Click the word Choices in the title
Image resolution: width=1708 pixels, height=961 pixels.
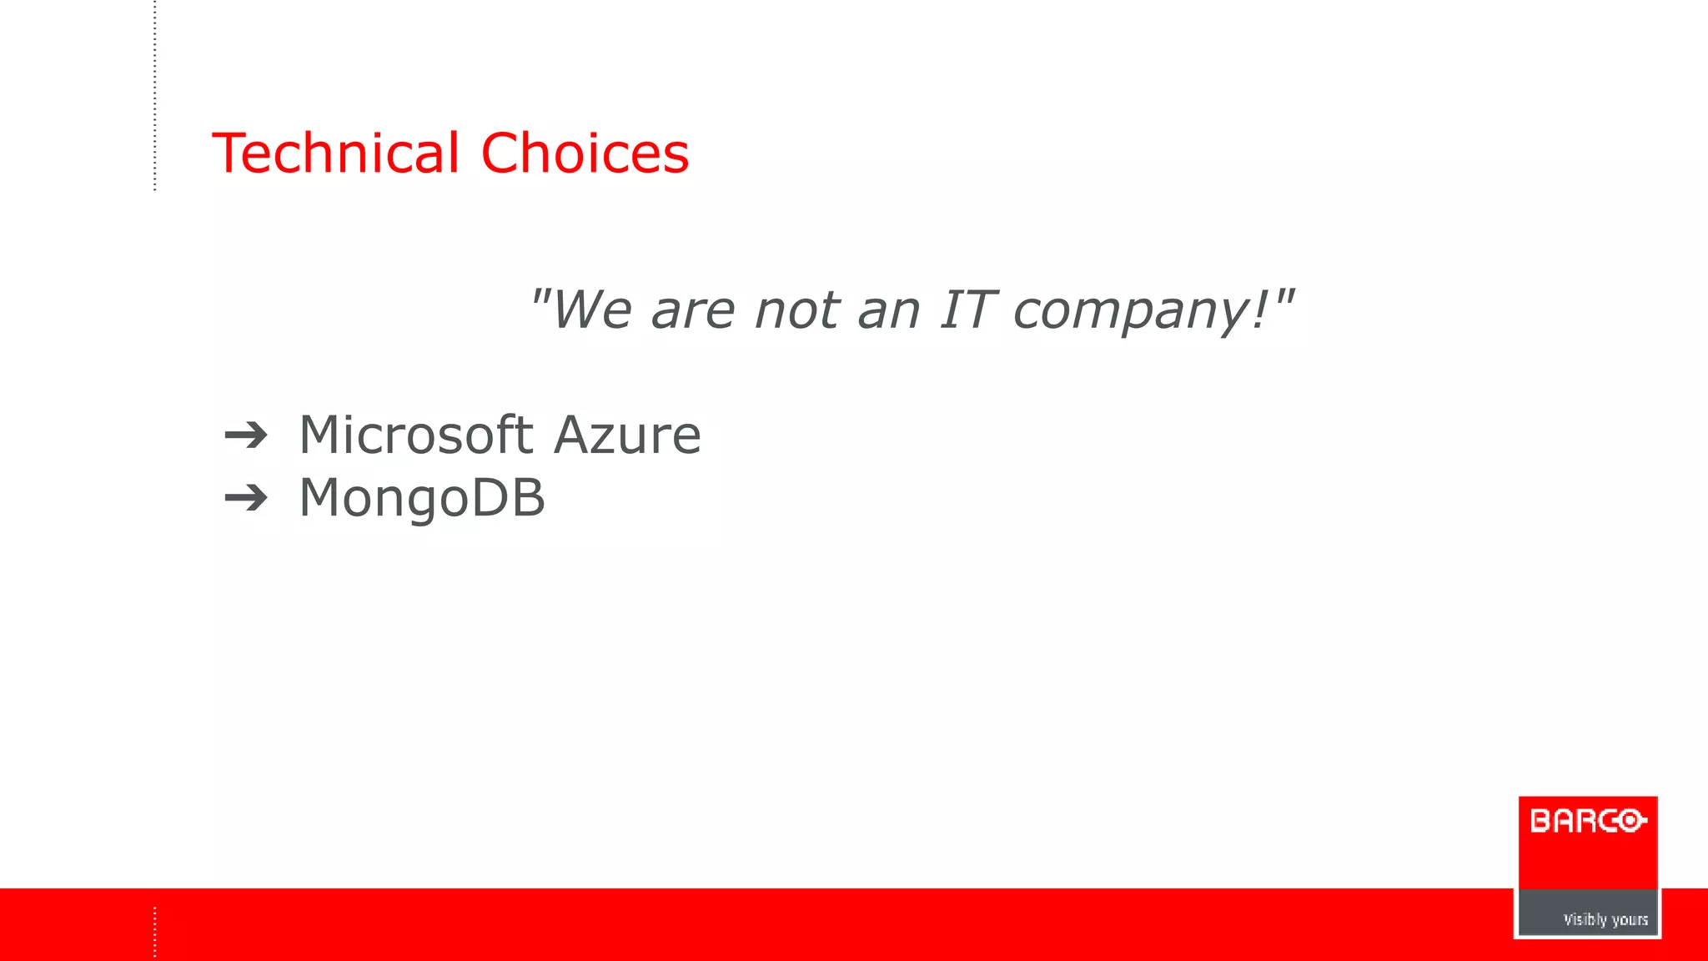click(585, 153)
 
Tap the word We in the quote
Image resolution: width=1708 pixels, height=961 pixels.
click(591, 309)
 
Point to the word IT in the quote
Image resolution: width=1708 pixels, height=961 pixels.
click(967, 309)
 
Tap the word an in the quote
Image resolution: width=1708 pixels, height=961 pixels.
click(888, 311)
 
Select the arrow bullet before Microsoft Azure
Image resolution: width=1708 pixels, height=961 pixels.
click(246, 435)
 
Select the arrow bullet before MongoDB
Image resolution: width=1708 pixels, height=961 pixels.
click(246, 499)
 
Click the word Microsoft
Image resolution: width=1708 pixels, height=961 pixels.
click(415, 435)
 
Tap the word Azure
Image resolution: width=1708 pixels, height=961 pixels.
click(627, 435)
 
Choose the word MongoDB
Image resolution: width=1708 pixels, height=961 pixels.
click(422, 498)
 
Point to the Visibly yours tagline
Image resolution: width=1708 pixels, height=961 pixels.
click(1605, 919)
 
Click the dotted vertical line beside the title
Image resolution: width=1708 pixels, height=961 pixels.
click(155, 96)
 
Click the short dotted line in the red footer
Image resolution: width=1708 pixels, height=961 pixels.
click(155, 931)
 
